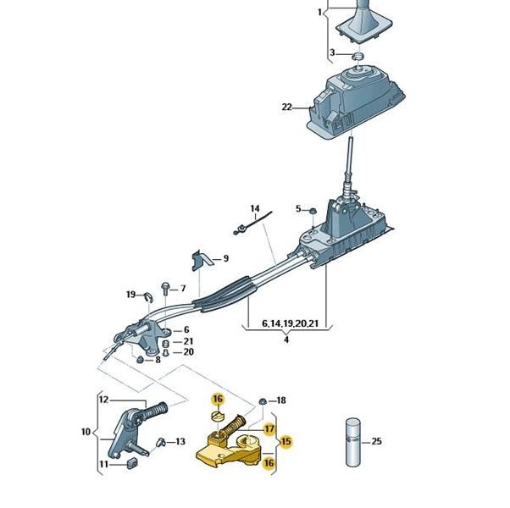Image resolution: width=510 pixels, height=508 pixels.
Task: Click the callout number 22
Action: click(287, 108)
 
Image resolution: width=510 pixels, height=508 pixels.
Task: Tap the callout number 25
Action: click(377, 441)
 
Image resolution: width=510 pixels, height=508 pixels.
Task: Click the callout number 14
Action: click(253, 208)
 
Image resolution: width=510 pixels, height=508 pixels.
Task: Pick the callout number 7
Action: click(182, 289)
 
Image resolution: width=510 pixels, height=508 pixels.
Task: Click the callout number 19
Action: click(130, 295)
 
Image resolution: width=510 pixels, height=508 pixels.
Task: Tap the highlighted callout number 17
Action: click(268, 428)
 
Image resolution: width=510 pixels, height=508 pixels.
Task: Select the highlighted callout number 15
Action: click(285, 441)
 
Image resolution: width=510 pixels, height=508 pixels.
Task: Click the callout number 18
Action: click(282, 400)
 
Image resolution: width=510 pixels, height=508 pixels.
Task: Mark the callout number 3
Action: click(333, 54)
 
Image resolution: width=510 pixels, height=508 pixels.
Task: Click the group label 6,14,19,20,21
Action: click(291, 323)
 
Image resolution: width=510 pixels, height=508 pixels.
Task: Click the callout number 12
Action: click(103, 399)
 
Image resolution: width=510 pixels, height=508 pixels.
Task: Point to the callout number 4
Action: click(286, 340)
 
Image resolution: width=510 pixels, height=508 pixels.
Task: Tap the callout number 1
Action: click(319, 14)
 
